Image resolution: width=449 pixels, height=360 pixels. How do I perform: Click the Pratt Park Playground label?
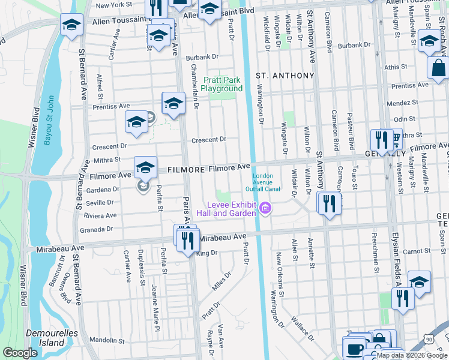[222, 84]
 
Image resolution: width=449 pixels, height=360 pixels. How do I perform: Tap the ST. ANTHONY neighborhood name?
[285, 76]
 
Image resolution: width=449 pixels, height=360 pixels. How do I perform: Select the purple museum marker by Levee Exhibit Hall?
[265, 209]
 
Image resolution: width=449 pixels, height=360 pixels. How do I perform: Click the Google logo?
[20, 353]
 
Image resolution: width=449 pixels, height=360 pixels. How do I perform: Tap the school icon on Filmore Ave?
[145, 168]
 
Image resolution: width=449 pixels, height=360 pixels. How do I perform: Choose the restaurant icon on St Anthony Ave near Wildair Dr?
[328, 203]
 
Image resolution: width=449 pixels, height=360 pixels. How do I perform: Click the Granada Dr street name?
[97, 229]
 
